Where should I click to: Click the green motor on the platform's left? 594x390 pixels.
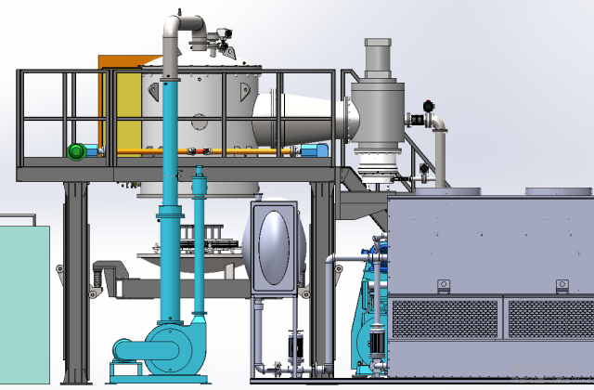click(76, 151)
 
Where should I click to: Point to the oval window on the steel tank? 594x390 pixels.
click(274, 247)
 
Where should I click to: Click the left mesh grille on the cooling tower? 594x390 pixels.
click(446, 318)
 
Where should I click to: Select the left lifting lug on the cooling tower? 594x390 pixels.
click(444, 283)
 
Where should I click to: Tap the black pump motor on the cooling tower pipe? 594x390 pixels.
click(378, 344)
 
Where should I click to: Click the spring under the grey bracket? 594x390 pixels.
click(93, 279)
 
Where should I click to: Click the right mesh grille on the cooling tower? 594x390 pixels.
click(549, 318)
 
